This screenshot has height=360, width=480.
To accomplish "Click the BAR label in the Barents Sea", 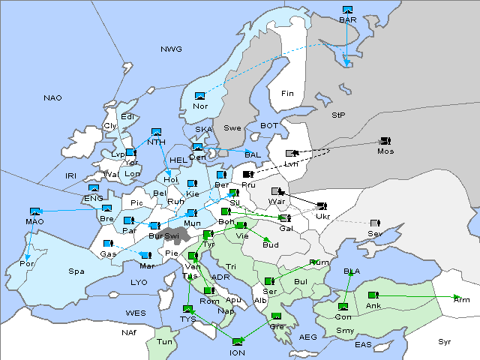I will pyautogui.click(x=347, y=19).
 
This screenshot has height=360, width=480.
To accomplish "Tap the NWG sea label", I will pyautogui.click(x=171, y=49).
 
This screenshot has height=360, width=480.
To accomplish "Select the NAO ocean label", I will pyautogui.click(x=52, y=97).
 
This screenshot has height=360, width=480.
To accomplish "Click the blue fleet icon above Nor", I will pyautogui.click(x=199, y=96).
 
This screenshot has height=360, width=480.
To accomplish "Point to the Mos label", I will pyautogui.click(x=385, y=151).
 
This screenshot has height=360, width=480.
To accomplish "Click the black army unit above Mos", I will pyautogui.click(x=385, y=140).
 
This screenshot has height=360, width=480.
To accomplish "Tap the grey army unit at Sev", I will pyautogui.click(x=374, y=223).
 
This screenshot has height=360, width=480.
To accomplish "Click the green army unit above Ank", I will pyautogui.click(x=373, y=295).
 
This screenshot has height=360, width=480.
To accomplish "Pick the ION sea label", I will pyautogui.click(x=237, y=352).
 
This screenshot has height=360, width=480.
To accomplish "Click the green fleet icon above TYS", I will pyautogui.click(x=187, y=308).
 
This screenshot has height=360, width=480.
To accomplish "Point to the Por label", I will pyautogui.click(x=27, y=264).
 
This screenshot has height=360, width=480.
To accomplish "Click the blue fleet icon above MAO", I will pyautogui.click(x=34, y=211).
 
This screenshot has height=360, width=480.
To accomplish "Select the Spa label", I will pyautogui.click(x=76, y=271).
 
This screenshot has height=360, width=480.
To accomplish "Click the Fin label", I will pyautogui.click(x=287, y=93).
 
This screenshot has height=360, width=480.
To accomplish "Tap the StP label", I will pyautogui.click(x=338, y=115).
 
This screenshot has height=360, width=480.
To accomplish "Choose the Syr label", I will pyautogui.click(x=445, y=341).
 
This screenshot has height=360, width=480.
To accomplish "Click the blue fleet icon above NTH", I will pyautogui.click(x=157, y=132).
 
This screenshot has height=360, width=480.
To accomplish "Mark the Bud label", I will pyautogui.click(x=270, y=244).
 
